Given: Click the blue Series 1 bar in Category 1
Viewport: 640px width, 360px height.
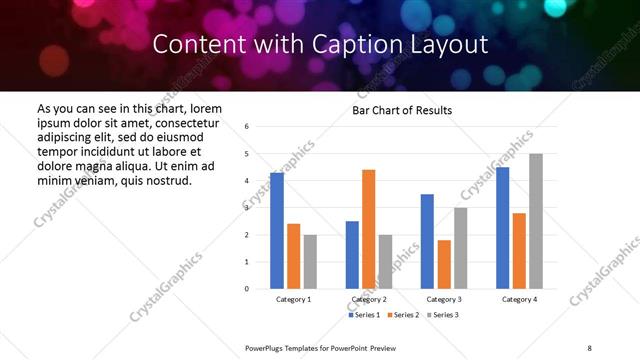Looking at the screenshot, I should tap(277, 231).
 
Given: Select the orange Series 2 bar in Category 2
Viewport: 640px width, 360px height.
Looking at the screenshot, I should tap(369, 229).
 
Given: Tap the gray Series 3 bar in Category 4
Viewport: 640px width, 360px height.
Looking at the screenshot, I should tap(536, 221).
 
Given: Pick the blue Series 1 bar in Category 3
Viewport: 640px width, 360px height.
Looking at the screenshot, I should tap(427, 241).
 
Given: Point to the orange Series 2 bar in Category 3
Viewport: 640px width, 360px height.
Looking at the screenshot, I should tap(444, 264).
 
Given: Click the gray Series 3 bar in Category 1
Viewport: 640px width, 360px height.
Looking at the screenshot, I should tap(310, 262).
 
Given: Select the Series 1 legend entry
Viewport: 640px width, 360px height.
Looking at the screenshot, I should tap(363, 315).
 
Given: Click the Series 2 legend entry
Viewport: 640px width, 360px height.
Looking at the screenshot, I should tap(402, 315).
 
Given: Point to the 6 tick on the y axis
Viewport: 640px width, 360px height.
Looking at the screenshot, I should tap(247, 126).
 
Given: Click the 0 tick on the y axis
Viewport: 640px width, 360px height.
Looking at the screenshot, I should tap(247, 289).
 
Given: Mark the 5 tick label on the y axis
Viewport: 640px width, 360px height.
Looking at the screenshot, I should tap(247, 154).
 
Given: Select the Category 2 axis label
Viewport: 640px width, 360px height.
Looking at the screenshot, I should tap(369, 300).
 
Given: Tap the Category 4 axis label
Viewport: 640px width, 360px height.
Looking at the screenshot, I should tap(519, 300).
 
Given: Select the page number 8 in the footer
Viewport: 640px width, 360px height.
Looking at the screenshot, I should tap(589, 347).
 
